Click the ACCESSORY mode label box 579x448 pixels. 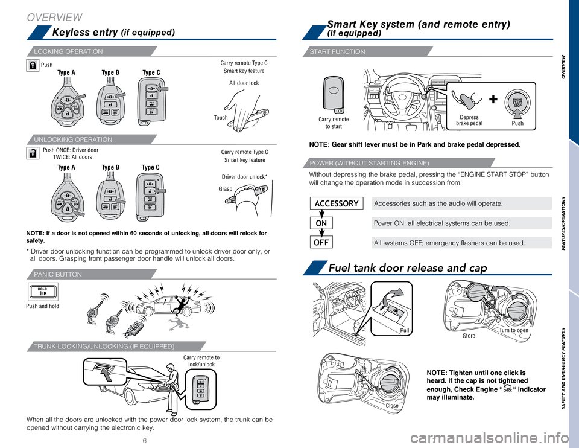tap(337, 203)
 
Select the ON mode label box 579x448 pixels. tap(337, 223)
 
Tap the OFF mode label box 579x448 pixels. tap(337, 243)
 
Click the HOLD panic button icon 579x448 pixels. tap(42, 292)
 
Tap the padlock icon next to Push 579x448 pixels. tap(33, 66)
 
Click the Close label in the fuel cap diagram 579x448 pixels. tap(392, 406)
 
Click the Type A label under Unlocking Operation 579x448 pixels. tap(66, 166)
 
